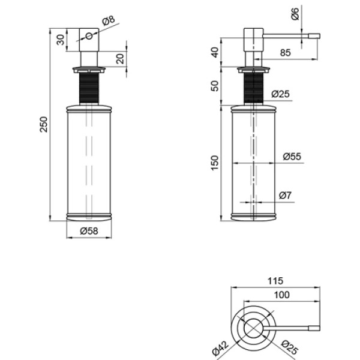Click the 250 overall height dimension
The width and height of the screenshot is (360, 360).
coord(44,124)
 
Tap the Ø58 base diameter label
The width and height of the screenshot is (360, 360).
coord(89,231)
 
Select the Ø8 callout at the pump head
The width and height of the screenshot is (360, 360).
coord(109,20)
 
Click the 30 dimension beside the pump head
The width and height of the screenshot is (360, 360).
coord(61,40)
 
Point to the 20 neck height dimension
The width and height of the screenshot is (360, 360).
coord(120,59)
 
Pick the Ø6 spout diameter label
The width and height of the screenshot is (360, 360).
coord(295,14)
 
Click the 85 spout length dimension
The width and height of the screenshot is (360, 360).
coord(286,53)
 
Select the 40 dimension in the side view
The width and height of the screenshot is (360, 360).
coord(215,52)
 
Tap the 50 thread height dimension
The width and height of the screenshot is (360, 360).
coord(215,86)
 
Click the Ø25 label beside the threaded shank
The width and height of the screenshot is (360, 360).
coord(280,94)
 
